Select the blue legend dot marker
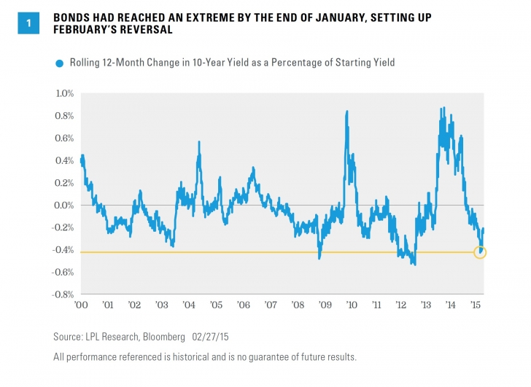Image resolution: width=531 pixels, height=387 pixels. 60,63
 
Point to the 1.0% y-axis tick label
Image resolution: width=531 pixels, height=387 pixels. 65,93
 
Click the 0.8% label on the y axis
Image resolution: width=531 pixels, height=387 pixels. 65,116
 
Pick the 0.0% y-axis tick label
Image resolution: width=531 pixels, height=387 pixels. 65,206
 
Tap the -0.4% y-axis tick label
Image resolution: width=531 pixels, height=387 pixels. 63,251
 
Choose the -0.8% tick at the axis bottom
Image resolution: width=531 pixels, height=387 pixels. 63,295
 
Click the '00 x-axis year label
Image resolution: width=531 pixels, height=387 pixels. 82,304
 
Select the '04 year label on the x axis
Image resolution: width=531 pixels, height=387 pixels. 188,304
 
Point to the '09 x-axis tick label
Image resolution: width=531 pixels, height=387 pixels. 323,304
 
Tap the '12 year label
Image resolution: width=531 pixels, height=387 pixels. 402,304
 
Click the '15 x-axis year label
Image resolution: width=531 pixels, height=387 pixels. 475,304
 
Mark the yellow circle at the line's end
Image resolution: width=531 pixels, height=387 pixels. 479,252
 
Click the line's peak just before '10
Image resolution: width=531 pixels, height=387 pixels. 346,111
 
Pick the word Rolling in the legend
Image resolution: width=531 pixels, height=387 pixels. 85,63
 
